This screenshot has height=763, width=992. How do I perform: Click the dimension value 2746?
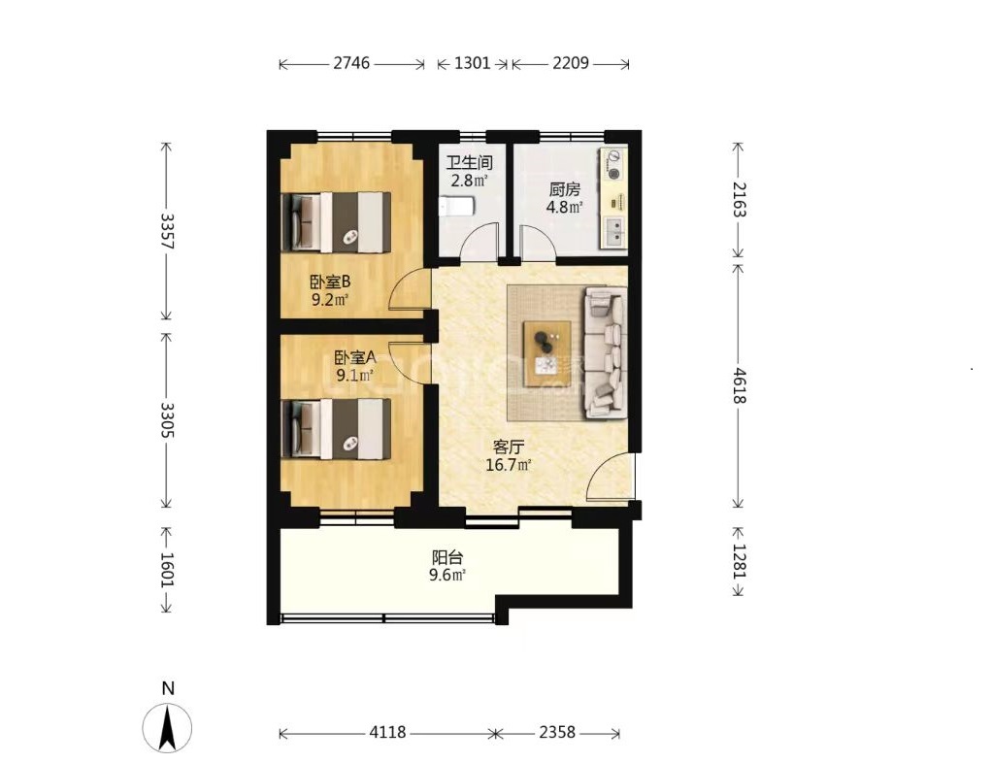coord(351,63)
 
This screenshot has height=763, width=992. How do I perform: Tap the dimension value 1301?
coord(473,63)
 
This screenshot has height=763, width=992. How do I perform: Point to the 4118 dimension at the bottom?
coord(388,733)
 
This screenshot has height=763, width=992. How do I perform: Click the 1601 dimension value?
coord(166,570)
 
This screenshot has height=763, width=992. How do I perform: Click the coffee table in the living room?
coord(547,354)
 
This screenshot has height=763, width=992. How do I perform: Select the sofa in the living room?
coord(606,352)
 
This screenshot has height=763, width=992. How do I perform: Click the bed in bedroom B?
coord(336,222)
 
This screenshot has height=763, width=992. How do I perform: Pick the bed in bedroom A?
coord(336,428)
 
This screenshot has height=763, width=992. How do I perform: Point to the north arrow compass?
coord(168,728)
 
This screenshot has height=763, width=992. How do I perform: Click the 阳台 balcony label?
coord(447,557)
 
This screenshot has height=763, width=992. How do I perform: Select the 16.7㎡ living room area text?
coord(508,466)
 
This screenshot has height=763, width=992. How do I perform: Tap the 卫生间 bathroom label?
coord(469,163)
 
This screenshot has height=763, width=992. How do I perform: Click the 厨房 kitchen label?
coord(564,189)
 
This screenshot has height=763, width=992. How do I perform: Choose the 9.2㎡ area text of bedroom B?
coord(330,299)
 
